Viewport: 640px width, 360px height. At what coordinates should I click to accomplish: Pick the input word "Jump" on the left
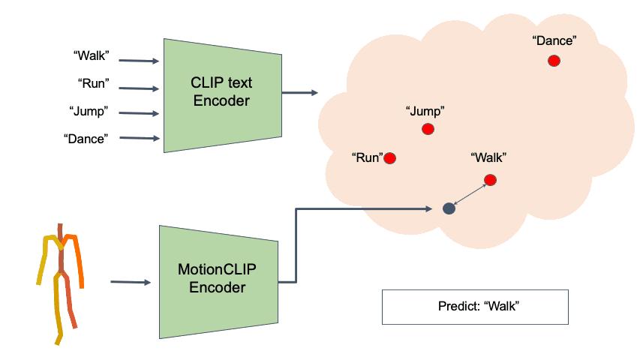point(89,111)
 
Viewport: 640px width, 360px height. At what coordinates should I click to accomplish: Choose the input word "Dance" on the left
point(86,139)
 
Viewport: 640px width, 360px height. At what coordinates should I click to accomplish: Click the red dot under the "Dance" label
point(553,61)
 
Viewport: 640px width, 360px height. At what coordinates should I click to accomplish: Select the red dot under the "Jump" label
point(428,129)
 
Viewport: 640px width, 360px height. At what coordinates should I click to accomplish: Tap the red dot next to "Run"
point(389,158)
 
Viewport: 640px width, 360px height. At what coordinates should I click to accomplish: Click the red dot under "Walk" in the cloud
point(490,179)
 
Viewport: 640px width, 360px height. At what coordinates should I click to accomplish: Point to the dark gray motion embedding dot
point(449,208)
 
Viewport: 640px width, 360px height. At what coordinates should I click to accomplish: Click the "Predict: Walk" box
point(475,307)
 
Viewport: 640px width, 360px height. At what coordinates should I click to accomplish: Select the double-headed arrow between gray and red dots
point(469,194)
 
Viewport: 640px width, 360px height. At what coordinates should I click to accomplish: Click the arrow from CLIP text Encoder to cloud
point(299,93)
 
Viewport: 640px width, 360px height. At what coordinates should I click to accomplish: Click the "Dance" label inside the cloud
point(554,40)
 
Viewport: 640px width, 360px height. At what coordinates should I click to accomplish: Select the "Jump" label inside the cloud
point(425,111)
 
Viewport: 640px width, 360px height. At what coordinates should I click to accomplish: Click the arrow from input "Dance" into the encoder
point(139,138)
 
